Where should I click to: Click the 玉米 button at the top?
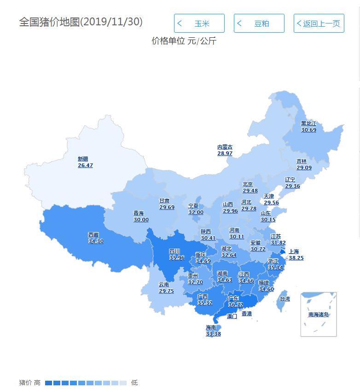[x=199, y=23]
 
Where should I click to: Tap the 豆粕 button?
[x=259, y=23]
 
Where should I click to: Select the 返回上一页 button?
[x=319, y=23]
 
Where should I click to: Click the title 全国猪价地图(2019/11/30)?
[x=81, y=22]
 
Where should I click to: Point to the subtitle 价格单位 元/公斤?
[x=184, y=41]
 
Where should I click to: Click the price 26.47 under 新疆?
[x=85, y=165]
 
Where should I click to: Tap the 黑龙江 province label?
[x=308, y=123]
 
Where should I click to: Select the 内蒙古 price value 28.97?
[x=225, y=153]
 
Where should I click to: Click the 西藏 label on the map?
[x=93, y=235]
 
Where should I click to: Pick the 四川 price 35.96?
[x=177, y=258]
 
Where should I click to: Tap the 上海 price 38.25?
[x=296, y=258]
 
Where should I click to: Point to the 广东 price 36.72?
[x=235, y=305]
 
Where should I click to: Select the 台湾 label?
[x=285, y=299]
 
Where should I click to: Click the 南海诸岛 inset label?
[x=319, y=315]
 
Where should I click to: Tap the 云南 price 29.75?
[x=166, y=291]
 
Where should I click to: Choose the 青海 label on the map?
[x=139, y=213]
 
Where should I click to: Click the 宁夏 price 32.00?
[x=196, y=212]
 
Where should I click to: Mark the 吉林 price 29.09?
[x=304, y=168]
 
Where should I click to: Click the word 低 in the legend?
[x=134, y=383]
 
